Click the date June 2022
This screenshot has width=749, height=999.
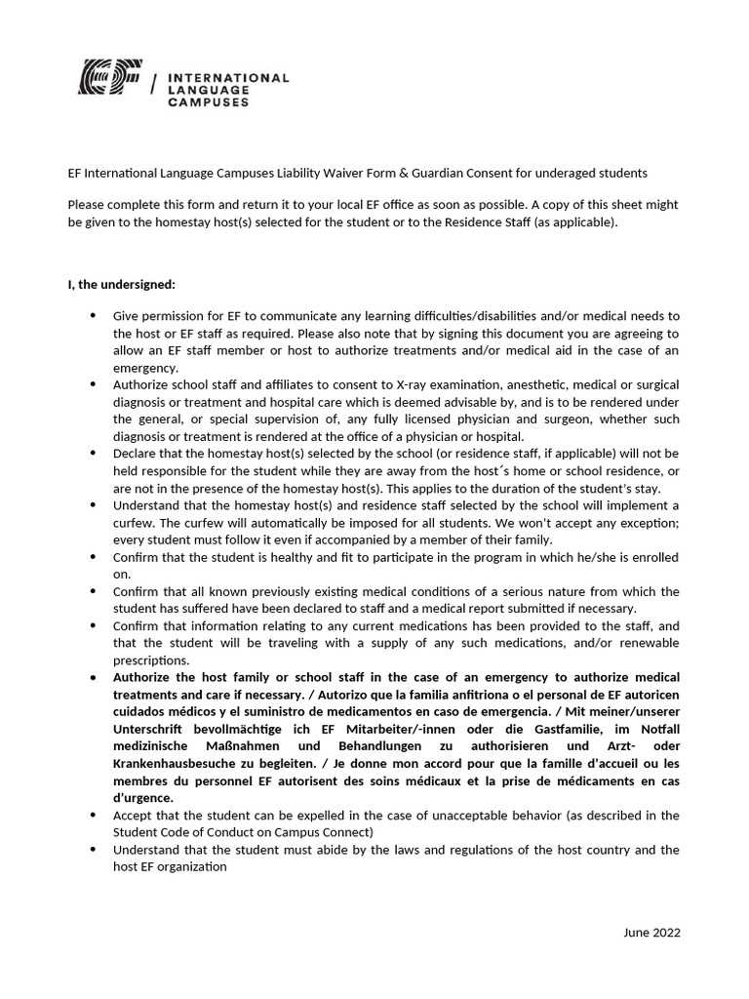651,932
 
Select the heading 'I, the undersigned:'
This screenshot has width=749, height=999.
122,285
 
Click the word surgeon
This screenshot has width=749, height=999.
533,420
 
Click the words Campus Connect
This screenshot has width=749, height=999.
322,832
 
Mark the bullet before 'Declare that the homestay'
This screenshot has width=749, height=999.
93,454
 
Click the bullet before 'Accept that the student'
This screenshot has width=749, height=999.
93,815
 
